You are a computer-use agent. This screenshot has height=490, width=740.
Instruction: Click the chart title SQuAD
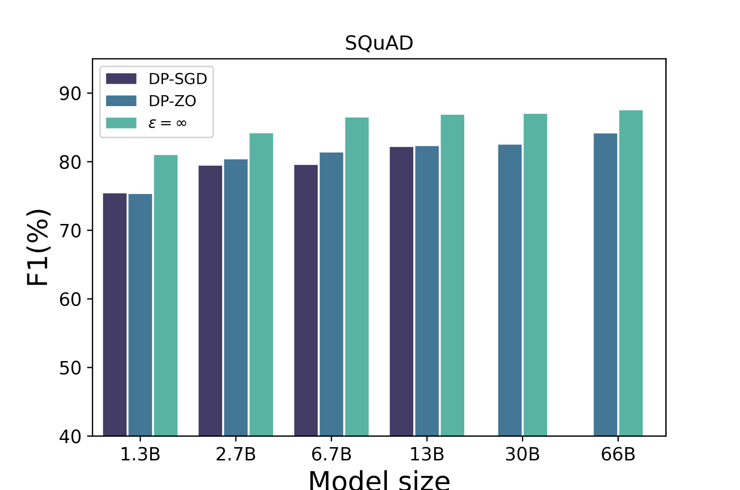click(x=379, y=43)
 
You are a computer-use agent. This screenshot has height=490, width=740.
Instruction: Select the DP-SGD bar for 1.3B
click(x=115, y=314)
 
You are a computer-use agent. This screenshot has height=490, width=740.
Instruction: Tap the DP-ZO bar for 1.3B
click(x=140, y=314)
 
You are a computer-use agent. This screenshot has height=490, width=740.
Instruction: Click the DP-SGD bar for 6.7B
click(x=306, y=301)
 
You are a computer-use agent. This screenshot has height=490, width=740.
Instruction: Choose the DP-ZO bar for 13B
click(x=427, y=291)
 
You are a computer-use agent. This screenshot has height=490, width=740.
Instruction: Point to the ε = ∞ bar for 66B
click(x=631, y=273)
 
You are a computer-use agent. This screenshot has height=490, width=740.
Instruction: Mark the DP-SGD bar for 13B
click(x=401, y=291)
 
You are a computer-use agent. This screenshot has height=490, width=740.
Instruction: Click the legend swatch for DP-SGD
click(x=121, y=79)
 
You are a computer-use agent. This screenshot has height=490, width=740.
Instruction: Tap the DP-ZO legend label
click(x=172, y=101)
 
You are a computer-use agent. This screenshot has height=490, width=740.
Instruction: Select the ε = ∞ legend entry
click(x=167, y=123)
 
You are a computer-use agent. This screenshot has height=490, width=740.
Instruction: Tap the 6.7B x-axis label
click(x=331, y=454)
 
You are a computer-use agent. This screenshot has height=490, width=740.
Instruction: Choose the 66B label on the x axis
click(x=618, y=454)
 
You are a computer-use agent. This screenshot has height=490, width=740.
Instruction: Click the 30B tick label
click(x=522, y=454)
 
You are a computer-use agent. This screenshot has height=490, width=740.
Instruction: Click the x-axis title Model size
click(x=379, y=480)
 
